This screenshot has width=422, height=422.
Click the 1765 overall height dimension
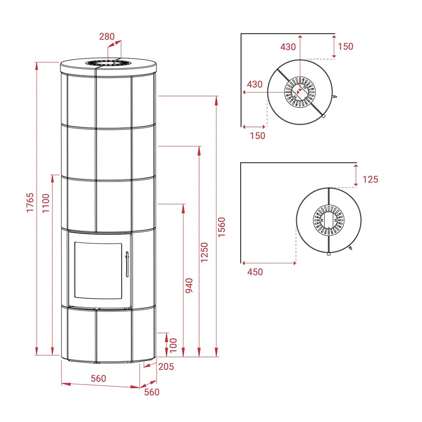(x=30, y=202)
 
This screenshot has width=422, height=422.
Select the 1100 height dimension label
(x=46, y=203)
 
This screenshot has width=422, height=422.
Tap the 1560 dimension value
(x=222, y=227)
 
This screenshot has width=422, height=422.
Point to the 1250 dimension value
(x=204, y=252)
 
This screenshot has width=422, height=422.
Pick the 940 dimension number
(x=189, y=286)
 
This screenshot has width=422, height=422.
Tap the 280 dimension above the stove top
(x=107, y=37)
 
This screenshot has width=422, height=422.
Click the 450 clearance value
(x=255, y=272)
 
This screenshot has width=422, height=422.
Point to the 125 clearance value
(x=370, y=179)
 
